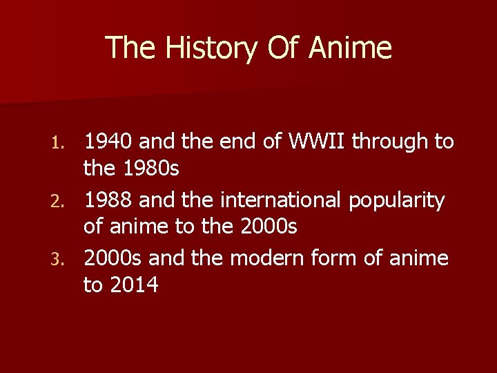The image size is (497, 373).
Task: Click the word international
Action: [280, 200]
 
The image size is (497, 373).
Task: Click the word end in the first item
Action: [240, 142]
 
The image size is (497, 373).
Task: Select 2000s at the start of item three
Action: [113, 259]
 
